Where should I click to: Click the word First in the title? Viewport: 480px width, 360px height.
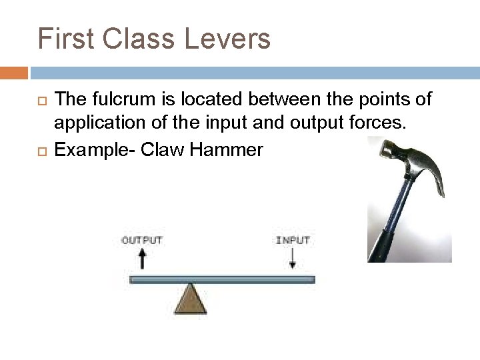click(64, 38)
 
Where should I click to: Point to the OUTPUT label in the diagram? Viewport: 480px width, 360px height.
click(141, 239)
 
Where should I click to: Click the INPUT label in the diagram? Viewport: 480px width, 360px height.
click(292, 239)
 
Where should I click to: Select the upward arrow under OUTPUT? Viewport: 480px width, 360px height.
click(141, 259)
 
